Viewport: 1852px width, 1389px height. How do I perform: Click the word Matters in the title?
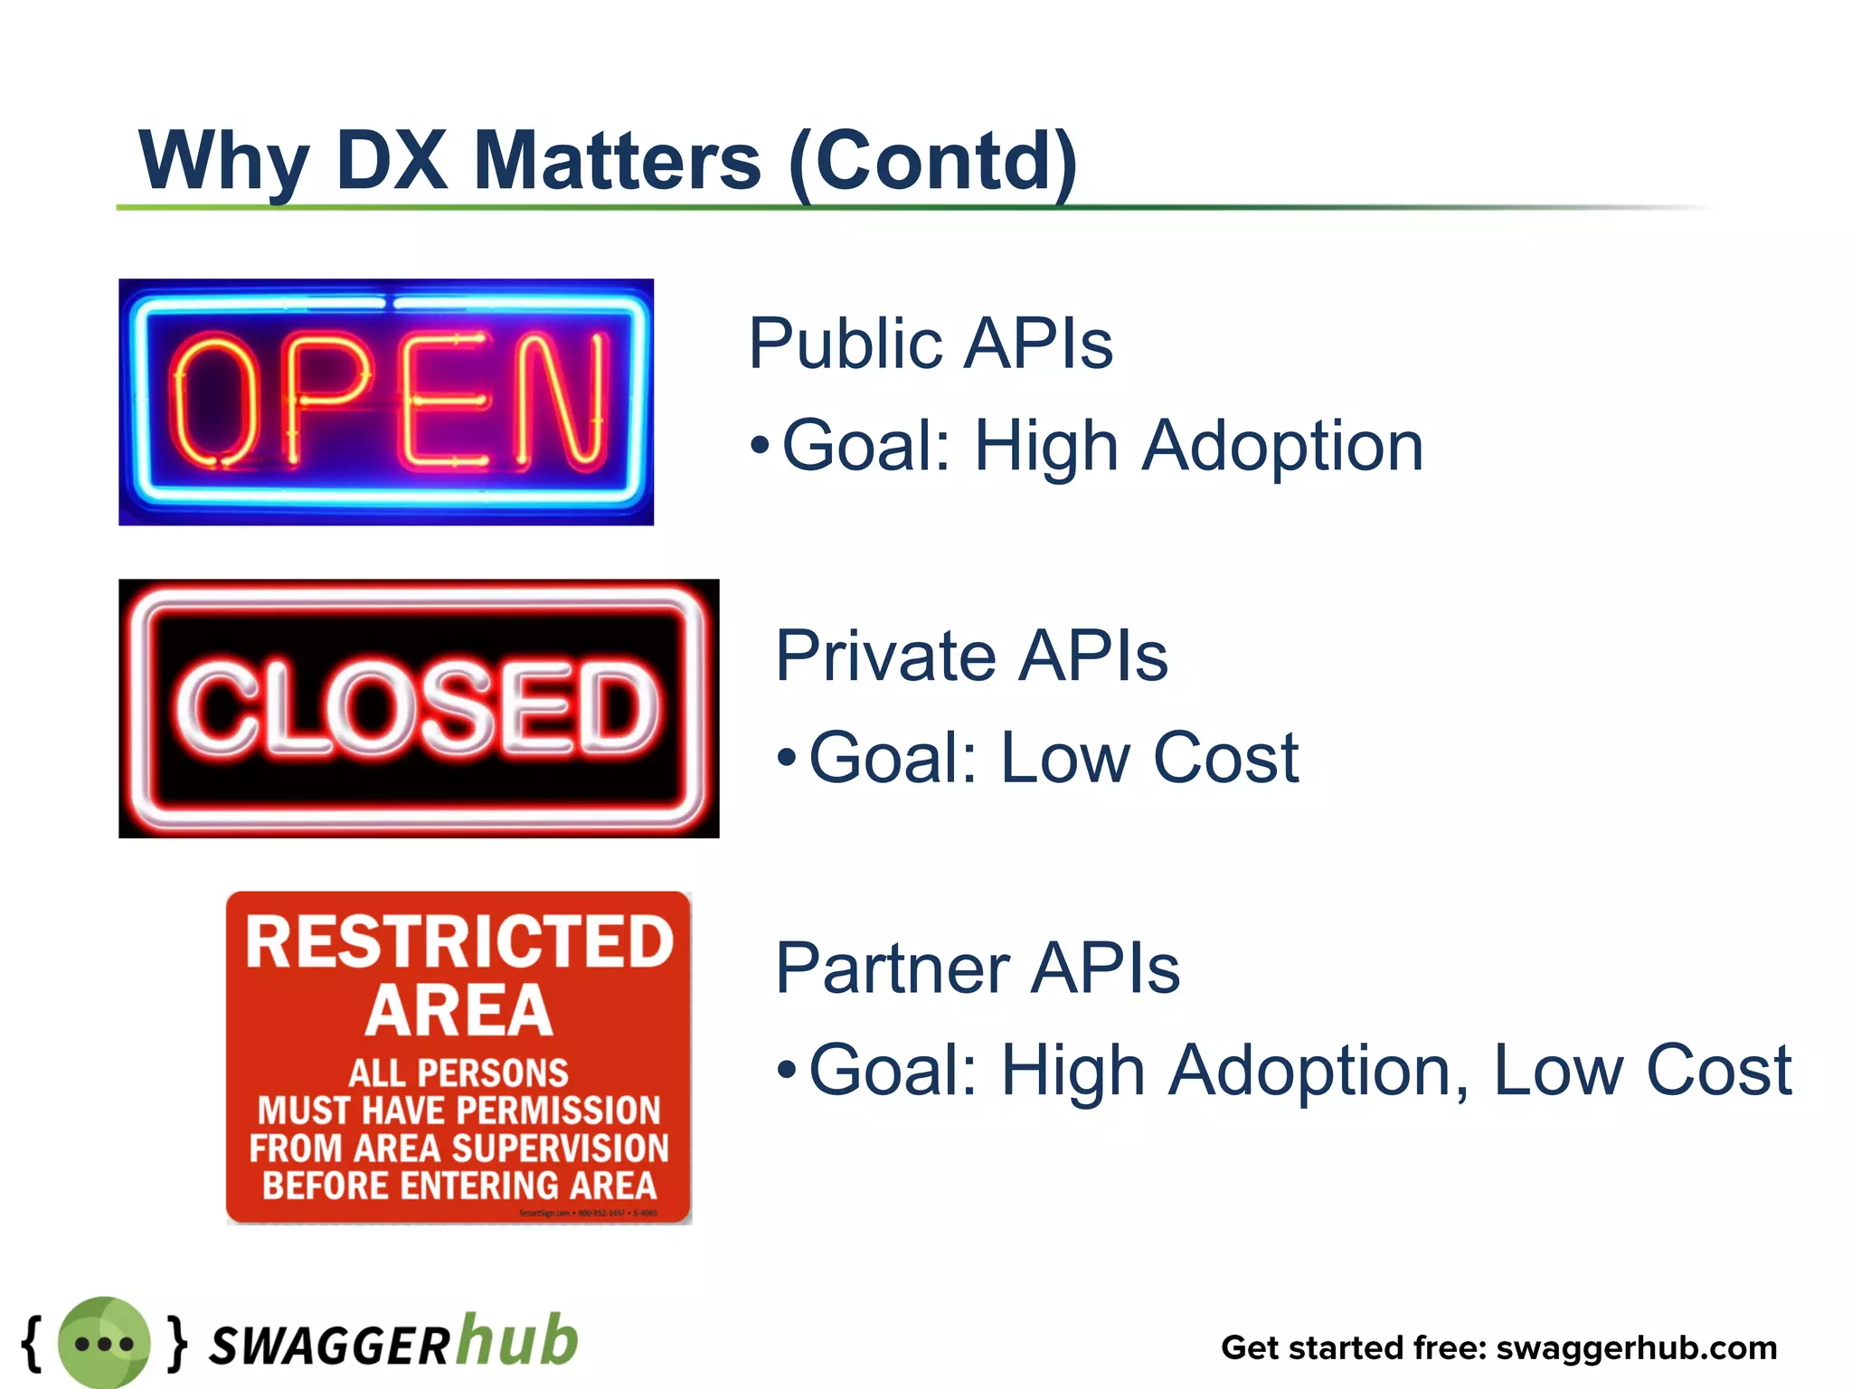point(617,161)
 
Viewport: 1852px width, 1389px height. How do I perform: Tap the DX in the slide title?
point(392,161)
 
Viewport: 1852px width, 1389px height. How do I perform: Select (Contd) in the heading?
point(932,161)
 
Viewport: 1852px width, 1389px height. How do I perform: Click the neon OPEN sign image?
point(386,402)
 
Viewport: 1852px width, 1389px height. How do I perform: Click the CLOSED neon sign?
point(419,708)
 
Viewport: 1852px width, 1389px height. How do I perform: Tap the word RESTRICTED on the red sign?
point(459,942)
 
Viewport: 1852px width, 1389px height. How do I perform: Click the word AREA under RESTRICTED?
point(459,1011)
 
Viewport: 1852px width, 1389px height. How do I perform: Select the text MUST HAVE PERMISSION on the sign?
point(459,1110)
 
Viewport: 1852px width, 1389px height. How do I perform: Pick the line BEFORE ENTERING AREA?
point(459,1186)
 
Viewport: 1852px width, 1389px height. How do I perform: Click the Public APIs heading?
point(931,344)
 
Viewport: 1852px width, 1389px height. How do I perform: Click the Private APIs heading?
point(971,656)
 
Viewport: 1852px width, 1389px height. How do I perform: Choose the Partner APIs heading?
point(978,968)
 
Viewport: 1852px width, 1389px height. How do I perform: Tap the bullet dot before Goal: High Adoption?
point(761,446)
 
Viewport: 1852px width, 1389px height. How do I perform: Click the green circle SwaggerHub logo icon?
point(104,1343)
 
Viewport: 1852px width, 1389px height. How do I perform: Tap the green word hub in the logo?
point(517,1340)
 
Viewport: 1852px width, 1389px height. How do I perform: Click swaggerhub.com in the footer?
point(1637,1348)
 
